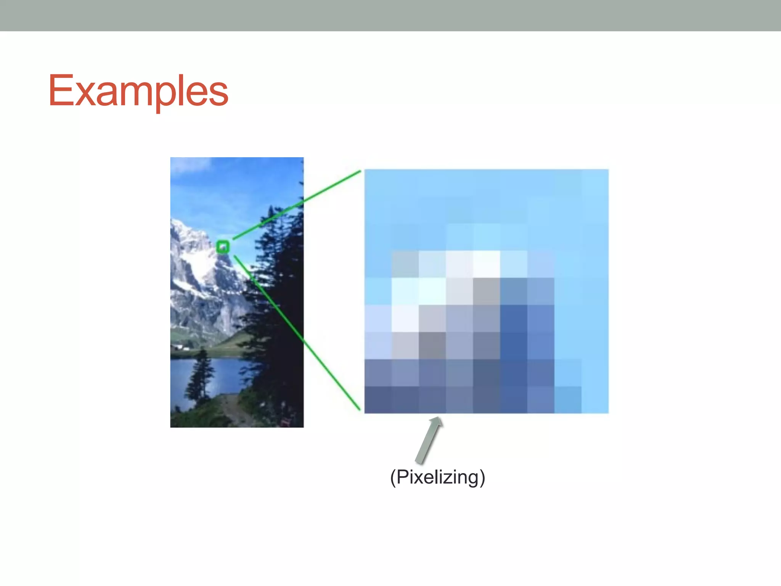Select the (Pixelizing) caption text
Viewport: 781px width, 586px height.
point(437,477)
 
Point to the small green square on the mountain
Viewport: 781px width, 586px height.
point(223,247)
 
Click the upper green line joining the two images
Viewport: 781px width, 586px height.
point(297,204)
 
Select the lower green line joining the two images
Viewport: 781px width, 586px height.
point(297,332)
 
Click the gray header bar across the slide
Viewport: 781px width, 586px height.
point(390,15)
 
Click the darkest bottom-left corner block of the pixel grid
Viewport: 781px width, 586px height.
point(378,399)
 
